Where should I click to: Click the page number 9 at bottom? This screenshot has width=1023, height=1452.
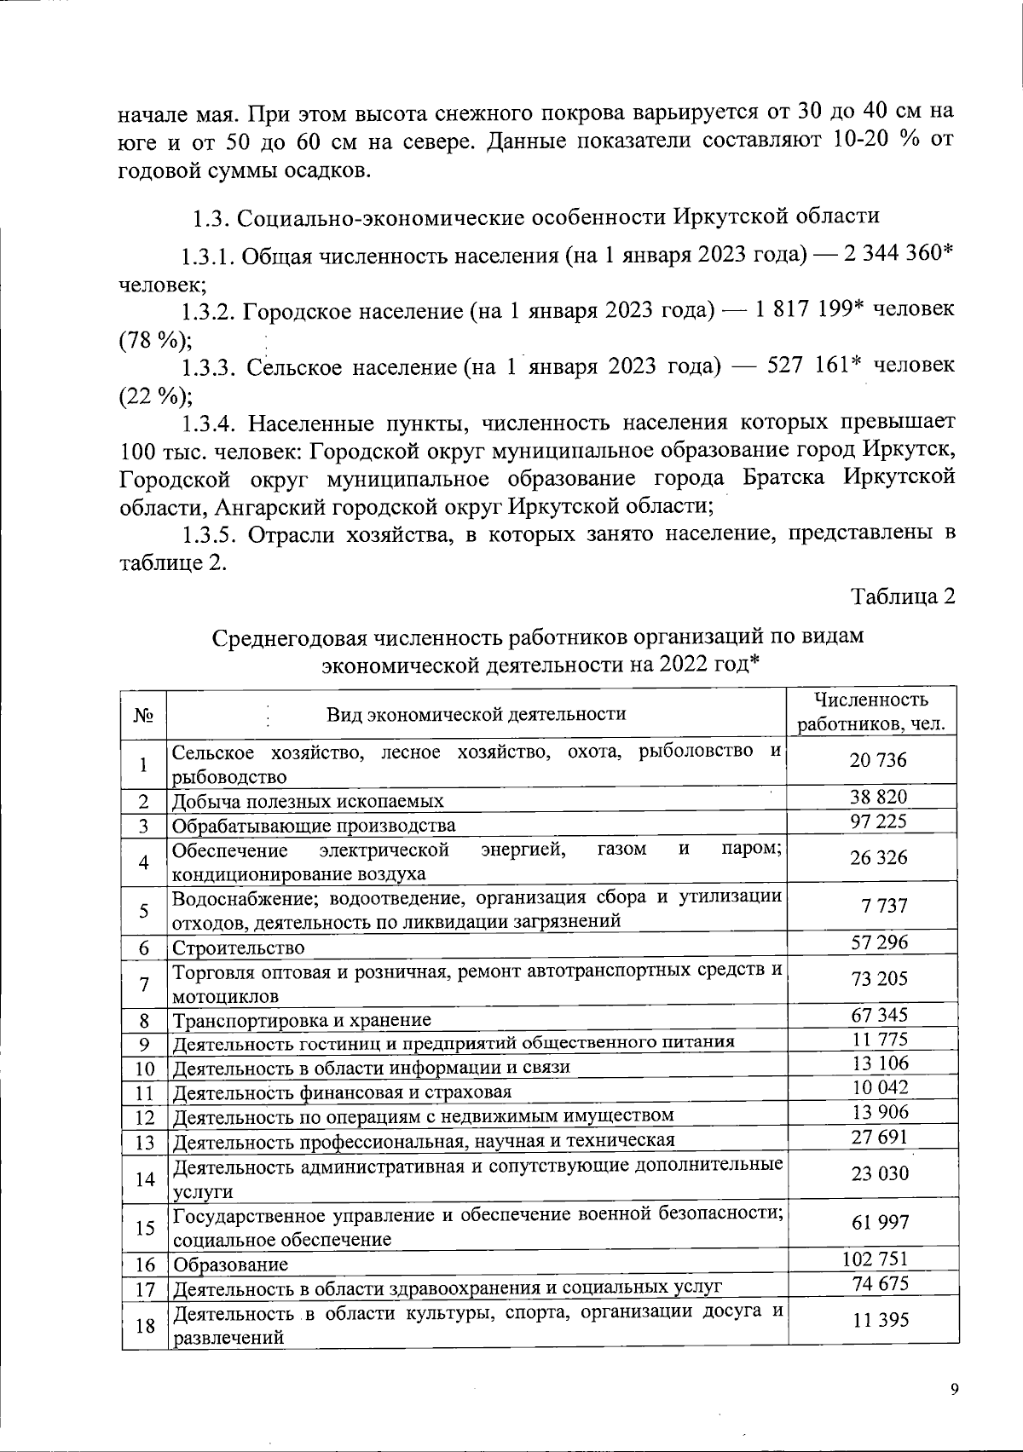(954, 1389)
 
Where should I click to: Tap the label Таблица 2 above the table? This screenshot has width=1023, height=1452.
(903, 597)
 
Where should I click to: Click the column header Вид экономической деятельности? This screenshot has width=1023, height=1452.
(477, 713)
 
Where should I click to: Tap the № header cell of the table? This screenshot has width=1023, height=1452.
(143, 713)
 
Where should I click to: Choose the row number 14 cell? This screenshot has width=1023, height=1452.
(144, 1179)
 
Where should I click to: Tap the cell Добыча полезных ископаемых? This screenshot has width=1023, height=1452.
(308, 802)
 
